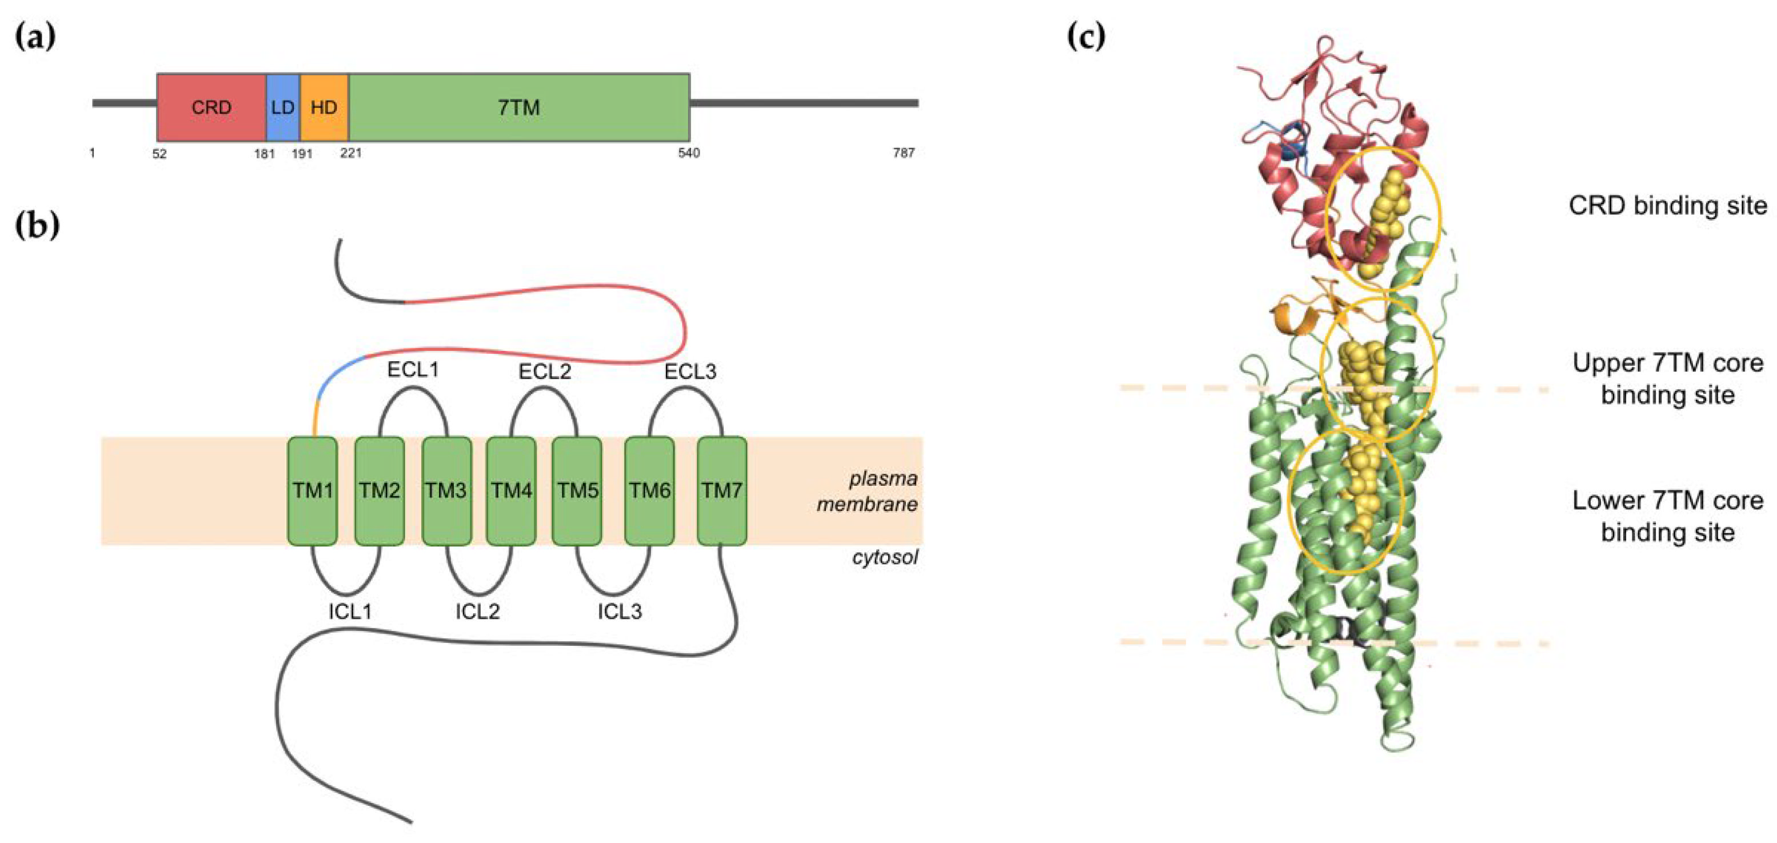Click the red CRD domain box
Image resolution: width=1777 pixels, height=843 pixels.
tap(212, 107)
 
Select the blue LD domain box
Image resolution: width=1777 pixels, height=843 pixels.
tap(283, 107)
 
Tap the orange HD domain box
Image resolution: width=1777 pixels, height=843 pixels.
tap(324, 107)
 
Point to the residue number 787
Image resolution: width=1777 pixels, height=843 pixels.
tap(904, 153)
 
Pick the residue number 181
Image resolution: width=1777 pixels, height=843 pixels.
tap(265, 153)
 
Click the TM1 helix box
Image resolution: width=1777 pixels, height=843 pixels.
tap(313, 490)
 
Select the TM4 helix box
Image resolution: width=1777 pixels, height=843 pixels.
tap(511, 490)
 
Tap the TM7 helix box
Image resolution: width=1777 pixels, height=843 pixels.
tap(721, 490)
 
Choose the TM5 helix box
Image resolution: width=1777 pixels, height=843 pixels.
tap(577, 490)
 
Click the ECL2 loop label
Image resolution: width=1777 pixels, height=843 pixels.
tap(545, 372)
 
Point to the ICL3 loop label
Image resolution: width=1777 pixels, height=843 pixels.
tap(620, 611)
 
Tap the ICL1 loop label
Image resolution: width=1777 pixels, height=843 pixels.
tap(350, 611)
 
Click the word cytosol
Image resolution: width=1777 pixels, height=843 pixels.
tap(885, 557)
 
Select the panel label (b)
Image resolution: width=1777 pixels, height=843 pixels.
tap(37, 226)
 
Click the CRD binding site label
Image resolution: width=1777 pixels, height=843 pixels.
tap(1668, 206)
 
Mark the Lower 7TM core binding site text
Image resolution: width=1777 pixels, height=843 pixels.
tap(1668, 516)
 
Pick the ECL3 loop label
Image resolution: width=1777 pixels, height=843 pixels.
tap(690, 372)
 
